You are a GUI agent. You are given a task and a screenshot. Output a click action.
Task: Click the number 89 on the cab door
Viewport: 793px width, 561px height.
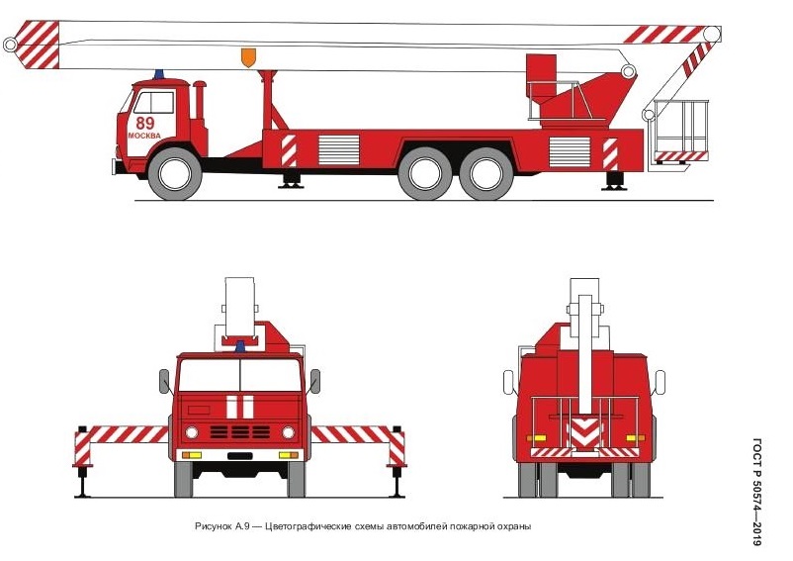pyautogui.click(x=145, y=123)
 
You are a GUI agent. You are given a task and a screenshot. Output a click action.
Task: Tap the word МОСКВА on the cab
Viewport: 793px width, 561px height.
pyautogui.click(x=144, y=136)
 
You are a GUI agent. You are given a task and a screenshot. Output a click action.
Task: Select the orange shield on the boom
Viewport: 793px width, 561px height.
pyautogui.click(x=248, y=57)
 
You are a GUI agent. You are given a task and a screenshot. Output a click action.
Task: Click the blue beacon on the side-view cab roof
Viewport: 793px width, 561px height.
pyautogui.click(x=159, y=74)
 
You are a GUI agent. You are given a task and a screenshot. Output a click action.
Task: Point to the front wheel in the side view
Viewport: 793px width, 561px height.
pyautogui.click(x=174, y=173)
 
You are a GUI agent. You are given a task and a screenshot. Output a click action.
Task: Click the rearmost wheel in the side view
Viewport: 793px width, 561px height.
pyautogui.click(x=486, y=173)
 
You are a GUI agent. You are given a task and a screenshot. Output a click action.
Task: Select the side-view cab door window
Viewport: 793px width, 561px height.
pyautogui.click(x=154, y=102)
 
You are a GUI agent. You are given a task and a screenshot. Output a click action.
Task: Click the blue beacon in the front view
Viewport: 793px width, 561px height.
pyautogui.click(x=240, y=346)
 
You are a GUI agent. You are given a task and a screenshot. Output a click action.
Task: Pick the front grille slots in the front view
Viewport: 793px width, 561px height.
pyautogui.click(x=239, y=432)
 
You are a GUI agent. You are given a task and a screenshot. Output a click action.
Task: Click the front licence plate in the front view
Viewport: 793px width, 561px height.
pyautogui.click(x=239, y=456)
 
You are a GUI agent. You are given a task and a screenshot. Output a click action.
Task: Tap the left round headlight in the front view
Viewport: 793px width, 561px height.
pyautogui.click(x=192, y=432)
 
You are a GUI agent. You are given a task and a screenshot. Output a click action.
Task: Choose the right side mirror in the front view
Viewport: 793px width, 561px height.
pyautogui.click(x=315, y=381)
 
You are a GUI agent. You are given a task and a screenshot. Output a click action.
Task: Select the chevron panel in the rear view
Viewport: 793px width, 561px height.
pyautogui.click(x=584, y=431)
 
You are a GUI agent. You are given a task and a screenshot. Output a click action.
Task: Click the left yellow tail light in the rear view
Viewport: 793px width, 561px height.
pyautogui.click(x=537, y=438)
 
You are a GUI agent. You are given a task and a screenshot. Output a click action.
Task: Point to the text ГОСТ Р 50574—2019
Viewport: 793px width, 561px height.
pyautogui.click(x=756, y=492)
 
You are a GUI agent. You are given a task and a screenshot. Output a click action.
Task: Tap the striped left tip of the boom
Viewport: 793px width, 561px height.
pyautogui.click(x=38, y=45)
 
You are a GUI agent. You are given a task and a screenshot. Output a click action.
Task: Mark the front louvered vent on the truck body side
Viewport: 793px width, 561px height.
pyautogui.click(x=338, y=149)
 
